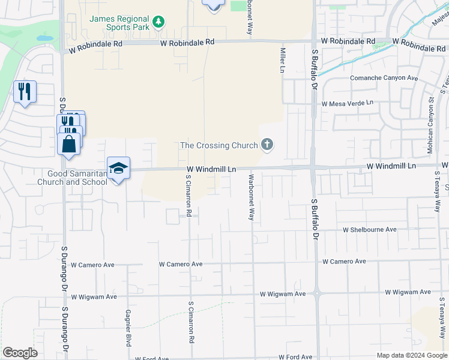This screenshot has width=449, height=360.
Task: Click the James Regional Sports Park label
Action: pos(119,23)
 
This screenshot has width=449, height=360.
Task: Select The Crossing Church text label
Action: pos(219,145)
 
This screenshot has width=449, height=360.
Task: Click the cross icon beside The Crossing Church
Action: pos(267,145)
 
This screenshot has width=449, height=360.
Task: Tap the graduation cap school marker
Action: pos(118,168)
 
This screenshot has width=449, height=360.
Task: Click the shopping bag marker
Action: pos(69,145)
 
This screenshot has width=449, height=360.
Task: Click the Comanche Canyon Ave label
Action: pos(385,78)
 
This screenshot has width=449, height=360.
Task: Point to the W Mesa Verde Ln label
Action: pos(347,103)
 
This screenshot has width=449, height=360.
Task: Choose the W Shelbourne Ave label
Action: pos(370,230)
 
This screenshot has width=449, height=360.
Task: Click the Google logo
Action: pos(20,353)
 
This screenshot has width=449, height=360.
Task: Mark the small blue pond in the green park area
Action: pos(44,38)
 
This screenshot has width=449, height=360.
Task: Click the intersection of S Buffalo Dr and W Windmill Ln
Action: pos(313,167)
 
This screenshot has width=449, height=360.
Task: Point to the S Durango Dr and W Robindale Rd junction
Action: pos(62,44)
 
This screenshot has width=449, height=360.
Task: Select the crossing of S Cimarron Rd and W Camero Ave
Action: pos(190,264)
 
